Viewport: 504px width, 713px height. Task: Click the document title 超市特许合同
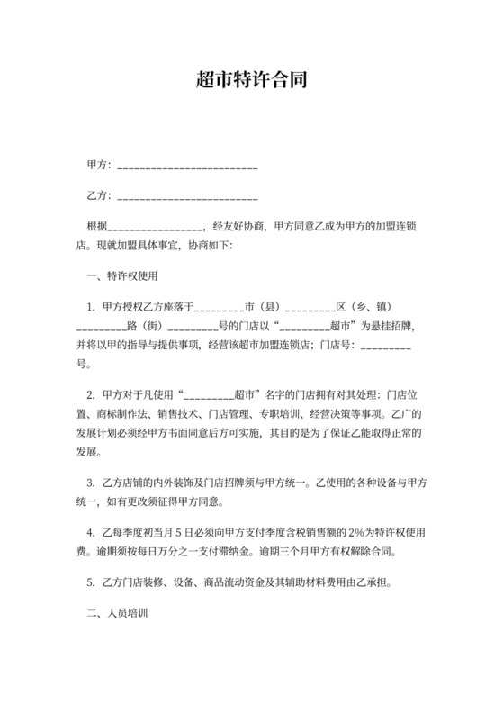click(x=252, y=79)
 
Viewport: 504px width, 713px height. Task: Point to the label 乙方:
click(x=99, y=194)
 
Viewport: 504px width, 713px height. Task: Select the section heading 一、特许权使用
click(x=122, y=275)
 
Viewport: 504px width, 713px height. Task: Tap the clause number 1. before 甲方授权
click(x=91, y=306)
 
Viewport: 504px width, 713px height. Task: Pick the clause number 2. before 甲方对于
click(x=91, y=394)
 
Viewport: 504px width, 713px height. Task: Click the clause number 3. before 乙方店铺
click(x=91, y=483)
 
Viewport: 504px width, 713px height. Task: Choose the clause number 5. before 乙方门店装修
click(x=91, y=582)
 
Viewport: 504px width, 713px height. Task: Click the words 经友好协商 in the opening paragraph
click(x=238, y=225)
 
